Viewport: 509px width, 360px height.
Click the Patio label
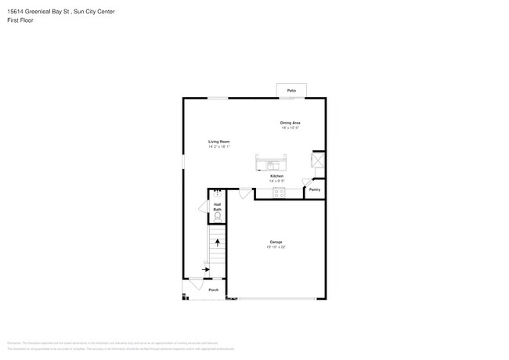[x=291, y=91]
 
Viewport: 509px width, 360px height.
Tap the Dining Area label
[x=291, y=123]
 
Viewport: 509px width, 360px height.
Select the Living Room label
[x=218, y=142]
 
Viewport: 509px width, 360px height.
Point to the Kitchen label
[x=277, y=176]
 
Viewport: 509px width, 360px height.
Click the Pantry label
[x=315, y=189]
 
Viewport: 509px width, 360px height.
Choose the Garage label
[x=276, y=242]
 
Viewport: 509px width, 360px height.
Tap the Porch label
[x=214, y=290]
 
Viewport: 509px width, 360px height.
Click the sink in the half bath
[x=218, y=193]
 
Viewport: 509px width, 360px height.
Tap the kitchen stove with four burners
[x=280, y=193]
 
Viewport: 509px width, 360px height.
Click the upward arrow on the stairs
[x=218, y=243]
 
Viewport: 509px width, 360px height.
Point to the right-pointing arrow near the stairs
[x=206, y=269]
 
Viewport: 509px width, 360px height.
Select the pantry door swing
[x=307, y=182]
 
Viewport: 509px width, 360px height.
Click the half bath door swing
[x=204, y=207]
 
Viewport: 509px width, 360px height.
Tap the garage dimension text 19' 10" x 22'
[x=276, y=247]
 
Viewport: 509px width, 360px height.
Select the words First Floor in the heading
[x=20, y=20]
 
